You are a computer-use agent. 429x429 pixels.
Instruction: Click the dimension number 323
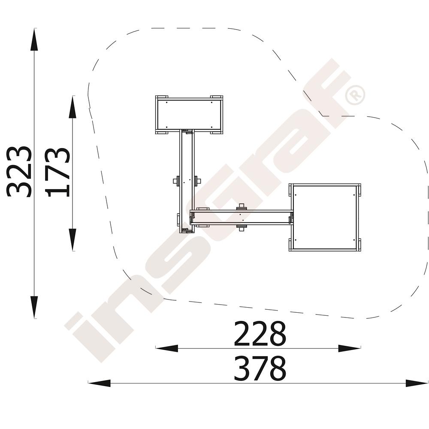coord(18,172)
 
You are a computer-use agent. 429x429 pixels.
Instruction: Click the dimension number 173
coord(57,172)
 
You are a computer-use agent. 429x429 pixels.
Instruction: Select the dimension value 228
coord(260,333)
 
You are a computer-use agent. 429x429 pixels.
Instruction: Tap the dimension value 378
coord(260,368)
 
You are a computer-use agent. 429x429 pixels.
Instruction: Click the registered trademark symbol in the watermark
coord(355,94)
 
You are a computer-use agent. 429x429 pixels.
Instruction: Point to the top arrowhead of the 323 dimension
coord(34,39)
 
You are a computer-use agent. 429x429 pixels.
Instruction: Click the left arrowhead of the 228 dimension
coord(166,348)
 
